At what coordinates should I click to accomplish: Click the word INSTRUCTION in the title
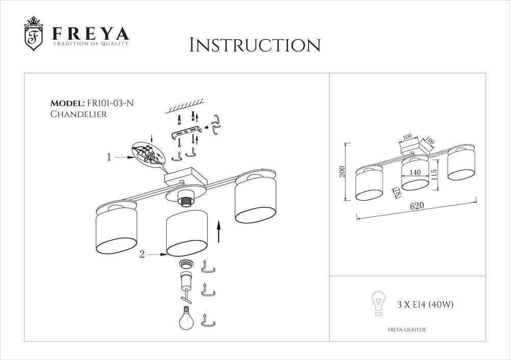click(x=254, y=45)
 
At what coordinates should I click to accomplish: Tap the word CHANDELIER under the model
click(x=79, y=115)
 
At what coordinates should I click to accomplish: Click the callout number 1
click(x=109, y=158)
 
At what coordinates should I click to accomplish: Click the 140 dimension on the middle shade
click(x=415, y=173)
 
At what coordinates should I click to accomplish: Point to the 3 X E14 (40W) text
click(x=425, y=305)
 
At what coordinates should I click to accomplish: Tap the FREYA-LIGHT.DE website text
click(x=403, y=330)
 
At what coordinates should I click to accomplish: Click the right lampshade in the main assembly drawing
click(x=256, y=198)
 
